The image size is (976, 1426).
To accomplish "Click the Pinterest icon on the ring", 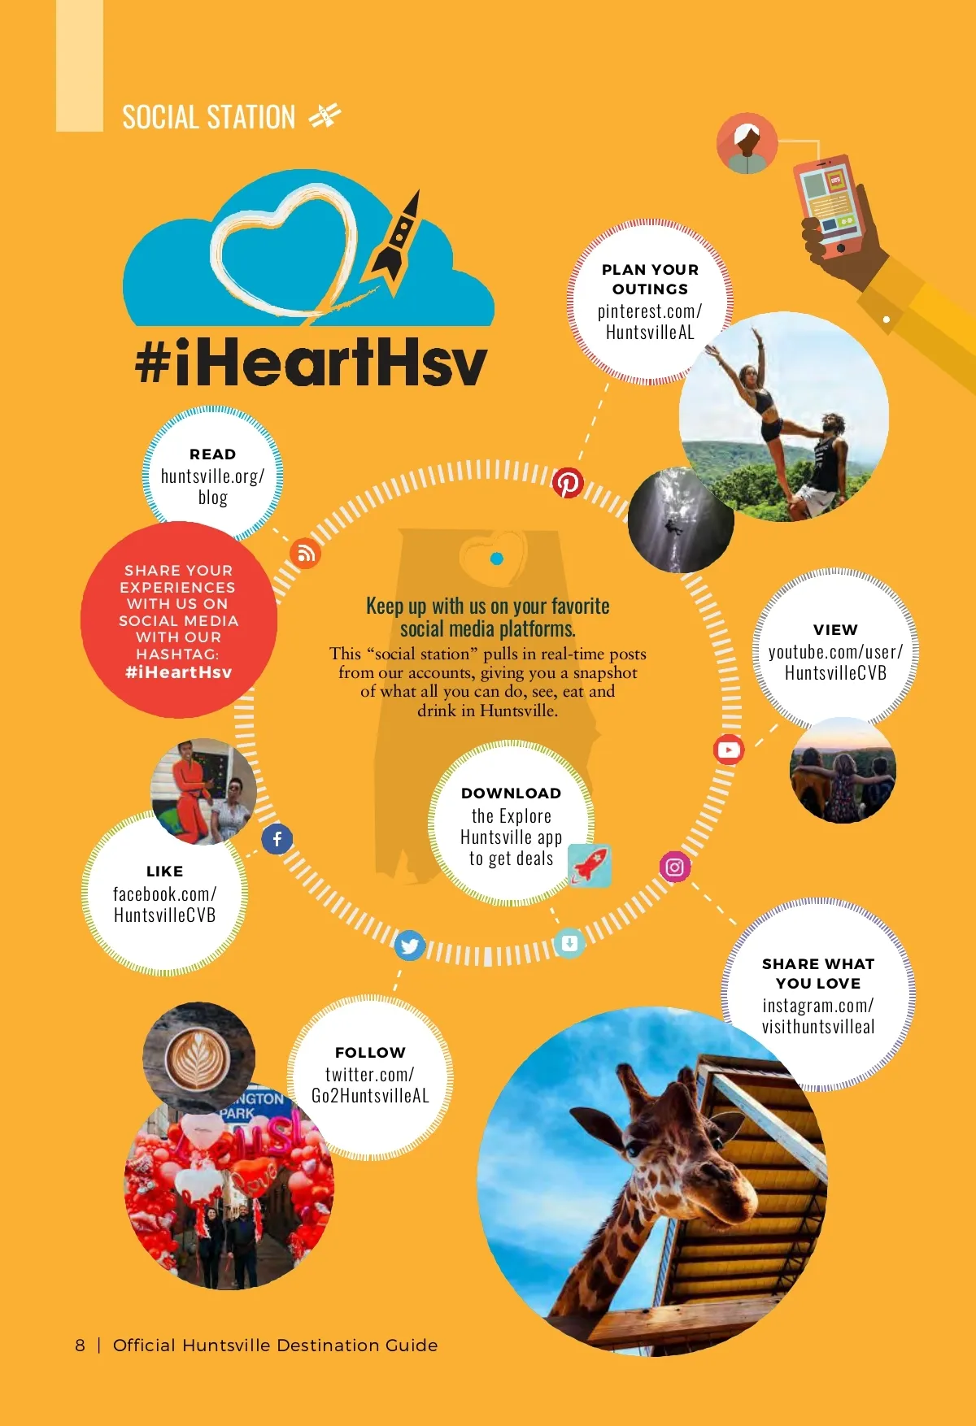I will (x=568, y=483).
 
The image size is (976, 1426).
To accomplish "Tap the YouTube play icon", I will (x=729, y=750).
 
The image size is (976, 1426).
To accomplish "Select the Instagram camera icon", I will (x=675, y=867).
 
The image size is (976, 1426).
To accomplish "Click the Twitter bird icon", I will (x=410, y=946).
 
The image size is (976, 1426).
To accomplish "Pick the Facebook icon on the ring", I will (x=277, y=838).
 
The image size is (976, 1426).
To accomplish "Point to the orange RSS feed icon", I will (x=306, y=554).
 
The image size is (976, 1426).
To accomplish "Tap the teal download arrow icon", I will (x=569, y=943).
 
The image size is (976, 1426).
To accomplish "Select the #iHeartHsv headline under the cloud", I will (x=311, y=363).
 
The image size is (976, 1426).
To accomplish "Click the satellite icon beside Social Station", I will (x=325, y=116).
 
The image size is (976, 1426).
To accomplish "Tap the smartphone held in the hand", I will (x=830, y=203).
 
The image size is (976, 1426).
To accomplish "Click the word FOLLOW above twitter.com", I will (x=370, y=1052).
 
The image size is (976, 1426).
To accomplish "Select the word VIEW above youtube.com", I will (x=835, y=629).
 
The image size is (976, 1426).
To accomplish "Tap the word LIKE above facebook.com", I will (x=164, y=871).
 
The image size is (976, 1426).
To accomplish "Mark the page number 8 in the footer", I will (x=80, y=1346).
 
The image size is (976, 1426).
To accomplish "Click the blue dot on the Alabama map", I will (x=497, y=559).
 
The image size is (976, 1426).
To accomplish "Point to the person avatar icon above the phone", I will (x=747, y=144).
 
